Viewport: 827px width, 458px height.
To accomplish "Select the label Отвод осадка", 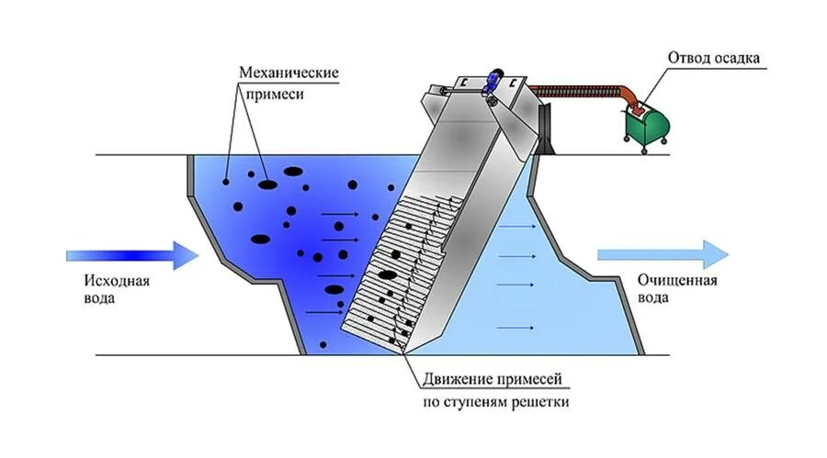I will point(716,59).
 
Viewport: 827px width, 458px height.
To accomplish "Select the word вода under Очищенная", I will point(651,298).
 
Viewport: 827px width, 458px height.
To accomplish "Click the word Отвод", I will point(689,59).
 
